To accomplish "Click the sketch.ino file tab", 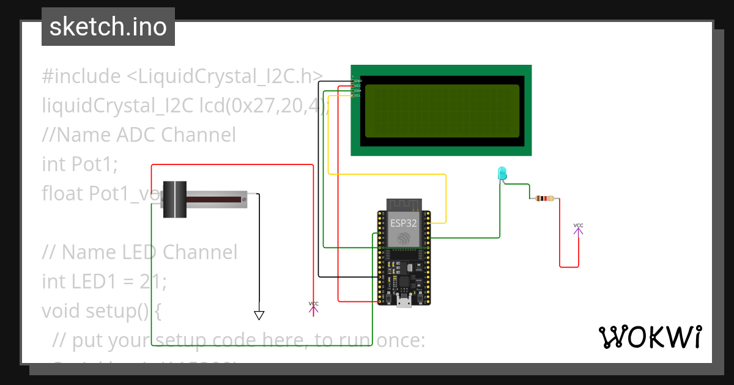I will tap(108, 27).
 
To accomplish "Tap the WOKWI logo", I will tap(650, 337).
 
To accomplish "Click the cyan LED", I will tap(502, 174).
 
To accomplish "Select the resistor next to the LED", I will tap(544, 199).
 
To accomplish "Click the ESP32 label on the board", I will tap(404, 223).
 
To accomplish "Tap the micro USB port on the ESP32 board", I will tap(404, 301).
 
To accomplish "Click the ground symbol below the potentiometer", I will tap(259, 315).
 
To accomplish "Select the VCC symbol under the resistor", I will tap(578, 228).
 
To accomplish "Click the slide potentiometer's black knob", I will tap(174, 199).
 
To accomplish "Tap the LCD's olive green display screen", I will tap(442, 111).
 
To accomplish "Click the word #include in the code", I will tap(81, 77).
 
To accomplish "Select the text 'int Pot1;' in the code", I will tap(79, 164).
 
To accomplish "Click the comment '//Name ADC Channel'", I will tap(138, 134).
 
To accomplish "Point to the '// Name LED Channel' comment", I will tap(139, 252).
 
